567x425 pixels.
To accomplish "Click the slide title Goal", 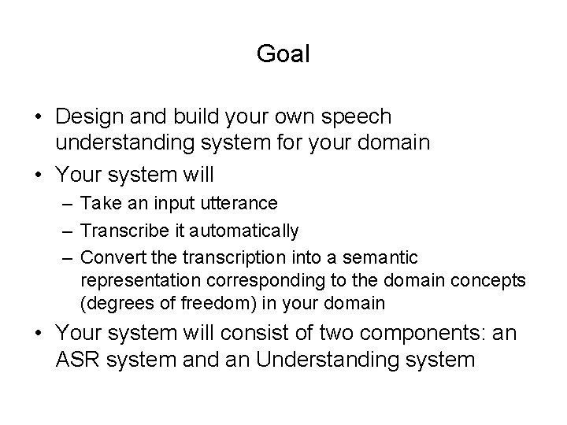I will (x=283, y=54).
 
